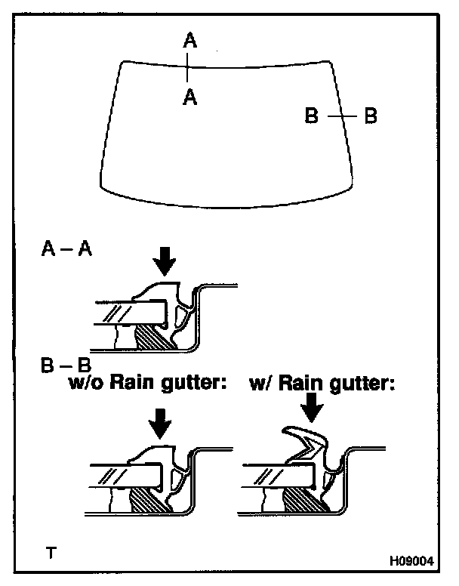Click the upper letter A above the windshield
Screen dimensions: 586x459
tap(190, 40)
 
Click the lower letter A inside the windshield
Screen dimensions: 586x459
tap(190, 97)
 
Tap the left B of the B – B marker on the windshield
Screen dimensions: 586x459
tap(312, 116)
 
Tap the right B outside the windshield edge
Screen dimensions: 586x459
tap(370, 116)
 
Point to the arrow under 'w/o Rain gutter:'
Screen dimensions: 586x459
tap(160, 423)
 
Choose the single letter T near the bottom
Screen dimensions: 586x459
tap(50, 553)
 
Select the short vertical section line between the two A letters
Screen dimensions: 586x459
tap(189, 69)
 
